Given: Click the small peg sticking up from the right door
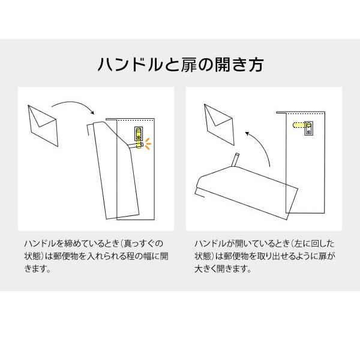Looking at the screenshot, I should click(x=235, y=160).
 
